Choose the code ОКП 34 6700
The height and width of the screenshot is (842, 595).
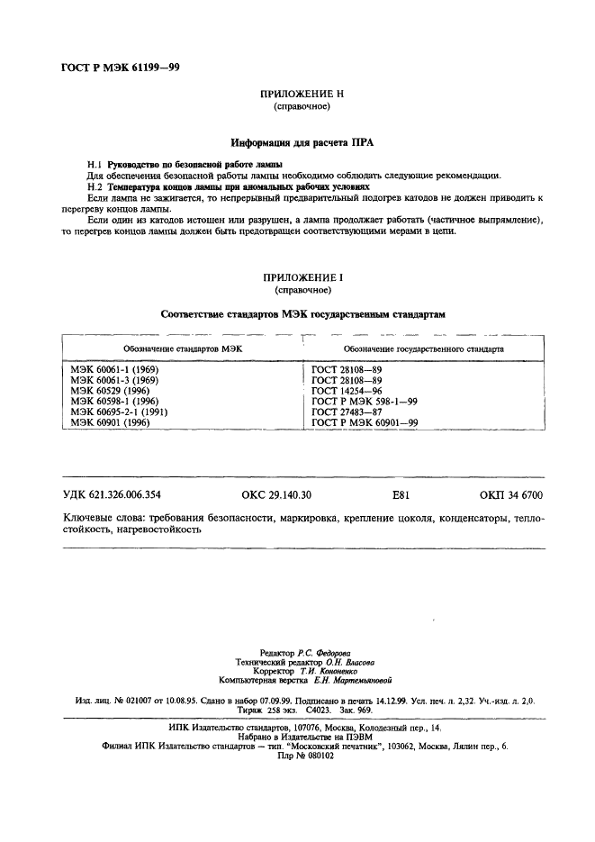511,495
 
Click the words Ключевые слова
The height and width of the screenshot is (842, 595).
104,520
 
